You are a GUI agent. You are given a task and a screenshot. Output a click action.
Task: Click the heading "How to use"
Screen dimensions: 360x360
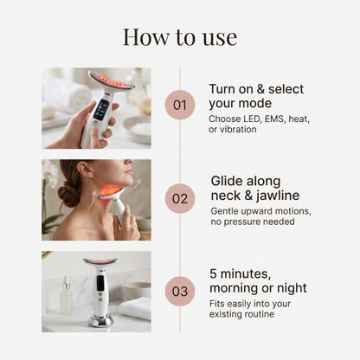(180, 37)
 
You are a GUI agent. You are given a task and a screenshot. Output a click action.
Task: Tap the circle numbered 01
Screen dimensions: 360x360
(180, 105)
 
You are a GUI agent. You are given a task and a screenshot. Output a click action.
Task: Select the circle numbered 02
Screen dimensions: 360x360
(180, 198)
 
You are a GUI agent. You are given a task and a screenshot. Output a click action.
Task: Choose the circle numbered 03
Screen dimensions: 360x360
(180, 291)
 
